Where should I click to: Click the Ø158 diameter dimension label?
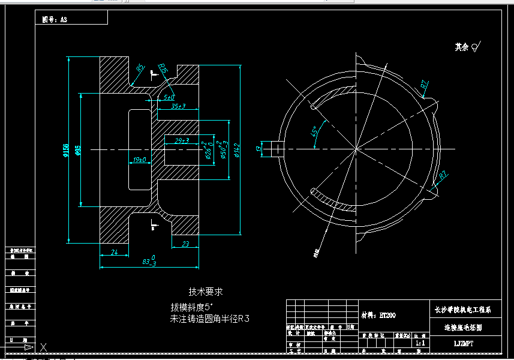pos(65,149)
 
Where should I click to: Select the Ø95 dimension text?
pos(78,149)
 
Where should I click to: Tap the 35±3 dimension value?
pos(178,106)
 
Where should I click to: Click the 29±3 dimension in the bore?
pos(182,140)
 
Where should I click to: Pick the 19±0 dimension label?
pos(140,160)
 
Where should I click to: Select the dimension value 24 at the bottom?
pos(115,252)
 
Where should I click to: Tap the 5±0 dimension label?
pos(169,97)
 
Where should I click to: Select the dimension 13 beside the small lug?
pos(258,148)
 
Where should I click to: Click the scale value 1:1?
pos(420,343)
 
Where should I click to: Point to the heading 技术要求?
pos(206,292)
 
